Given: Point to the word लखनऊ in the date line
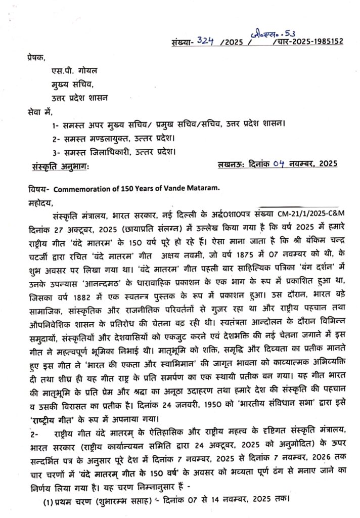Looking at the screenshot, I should click(x=231, y=164).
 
